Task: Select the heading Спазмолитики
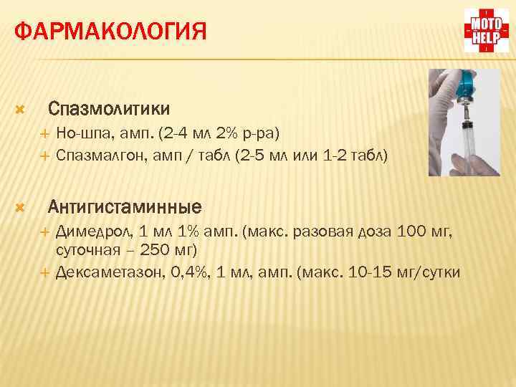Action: tap(109, 109)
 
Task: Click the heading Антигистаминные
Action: tap(125, 207)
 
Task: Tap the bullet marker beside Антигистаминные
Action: tap(20, 208)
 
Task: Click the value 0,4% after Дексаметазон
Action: tap(183, 272)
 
